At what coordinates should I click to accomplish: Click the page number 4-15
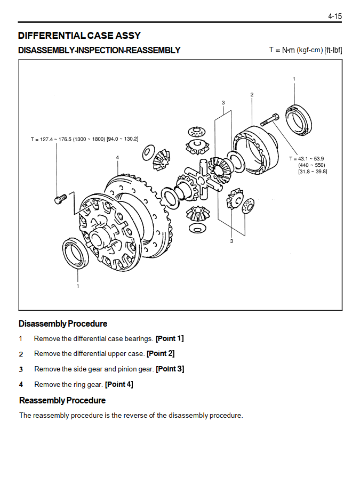[335, 16]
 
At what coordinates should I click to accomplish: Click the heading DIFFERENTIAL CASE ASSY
[79, 36]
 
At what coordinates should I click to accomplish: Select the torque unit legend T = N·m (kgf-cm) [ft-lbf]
[306, 50]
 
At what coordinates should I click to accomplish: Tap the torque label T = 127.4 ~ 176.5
[51, 139]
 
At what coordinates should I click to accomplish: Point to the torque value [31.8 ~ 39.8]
[313, 172]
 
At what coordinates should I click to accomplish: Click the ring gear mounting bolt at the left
[60, 199]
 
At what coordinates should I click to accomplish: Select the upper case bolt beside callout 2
[270, 119]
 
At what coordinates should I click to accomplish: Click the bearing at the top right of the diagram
[299, 120]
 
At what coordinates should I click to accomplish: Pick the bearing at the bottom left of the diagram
[75, 253]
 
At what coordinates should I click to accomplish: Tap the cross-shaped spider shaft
[203, 178]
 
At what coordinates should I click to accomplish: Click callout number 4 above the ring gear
[117, 157]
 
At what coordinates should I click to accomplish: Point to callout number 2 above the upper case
[252, 94]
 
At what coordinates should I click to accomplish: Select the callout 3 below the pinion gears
[231, 241]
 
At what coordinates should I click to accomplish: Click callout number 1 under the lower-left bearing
[78, 286]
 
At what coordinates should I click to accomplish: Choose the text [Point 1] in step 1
[170, 338]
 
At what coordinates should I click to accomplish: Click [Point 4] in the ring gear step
[119, 384]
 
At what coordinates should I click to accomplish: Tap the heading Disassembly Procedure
[63, 323]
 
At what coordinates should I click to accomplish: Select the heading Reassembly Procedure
[62, 400]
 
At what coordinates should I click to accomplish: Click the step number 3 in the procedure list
[21, 369]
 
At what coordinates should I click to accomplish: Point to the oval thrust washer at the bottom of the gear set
[197, 228]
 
